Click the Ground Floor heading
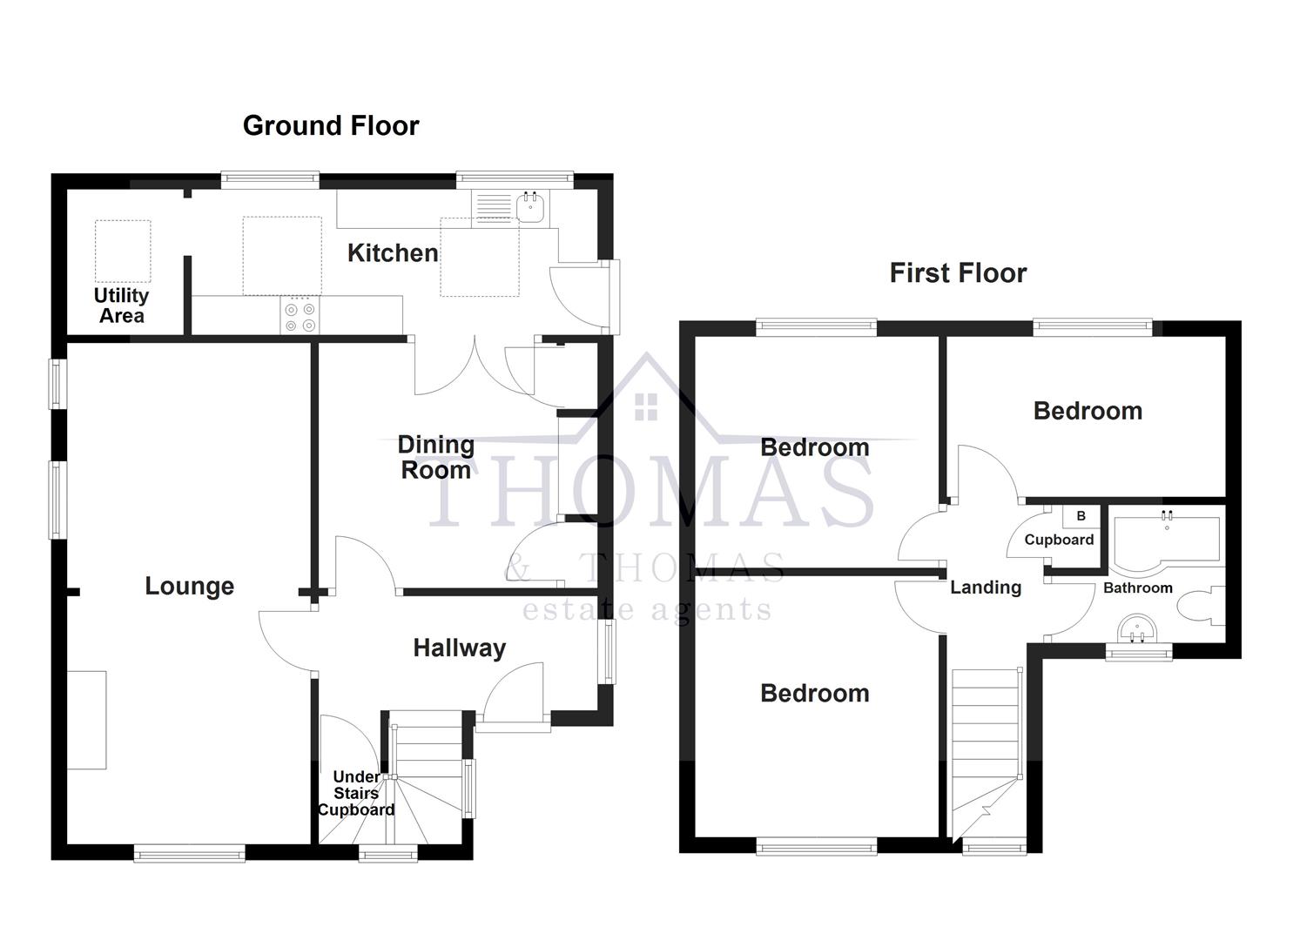[x=331, y=126]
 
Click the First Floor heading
[x=958, y=273]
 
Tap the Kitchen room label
[x=393, y=253]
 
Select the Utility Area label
[x=121, y=305]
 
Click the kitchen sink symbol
[x=530, y=207]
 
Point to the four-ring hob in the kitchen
[x=300, y=317]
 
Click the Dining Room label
[x=435, y=457]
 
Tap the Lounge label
[x=189, y=587]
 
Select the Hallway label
[x=459, y=648]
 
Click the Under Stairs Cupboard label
[x=356, y=793]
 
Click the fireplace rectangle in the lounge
[x=86, y=720]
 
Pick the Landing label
[x=986, y=587]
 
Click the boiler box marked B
[x=1081, y=516]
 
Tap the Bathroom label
[x=1137, y=588]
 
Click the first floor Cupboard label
[x=1059, y=540]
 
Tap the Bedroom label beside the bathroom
[x=1088, y=411]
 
